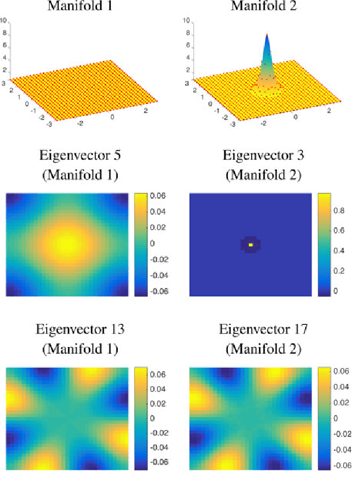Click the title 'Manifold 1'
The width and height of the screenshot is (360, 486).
pyautogui.click(x=81, y=6)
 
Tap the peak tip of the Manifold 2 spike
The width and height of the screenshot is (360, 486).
pyautogui.click(x=267, y=35)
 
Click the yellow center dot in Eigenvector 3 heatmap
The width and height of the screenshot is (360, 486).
pyautogui.click(x=250, y=245)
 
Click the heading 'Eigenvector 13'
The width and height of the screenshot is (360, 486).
pyautogui.click(x=81, y=330)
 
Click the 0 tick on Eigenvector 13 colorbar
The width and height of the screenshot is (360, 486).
pyautogui.click(x=152, y=418)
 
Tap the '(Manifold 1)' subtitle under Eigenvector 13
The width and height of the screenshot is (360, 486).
pyautogui.click(x=81, y=349)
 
